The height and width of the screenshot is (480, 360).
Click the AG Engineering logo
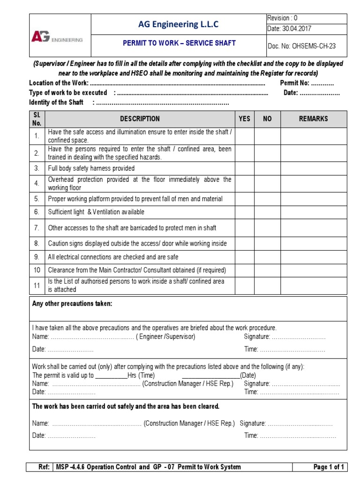[x=57, y=37]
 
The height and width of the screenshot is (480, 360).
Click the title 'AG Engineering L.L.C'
[x=178, y=24]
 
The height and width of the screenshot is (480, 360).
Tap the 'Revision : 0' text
[x=282, y=18]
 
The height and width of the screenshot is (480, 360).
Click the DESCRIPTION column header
[x=140, y=119]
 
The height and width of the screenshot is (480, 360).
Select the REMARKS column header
[x=314, y=119]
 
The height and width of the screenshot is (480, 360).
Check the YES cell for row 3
[x=244, y=168]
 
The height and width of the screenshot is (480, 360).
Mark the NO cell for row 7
[x=267, y=228]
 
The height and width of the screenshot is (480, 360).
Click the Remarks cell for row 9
[x=314, y=257]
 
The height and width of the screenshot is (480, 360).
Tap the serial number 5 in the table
[x=37, y=199]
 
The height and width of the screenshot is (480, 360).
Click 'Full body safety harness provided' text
[x=91, y=168]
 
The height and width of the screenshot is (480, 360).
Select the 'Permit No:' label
[x=294, y=83]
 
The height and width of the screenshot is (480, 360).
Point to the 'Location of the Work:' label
[x=59, y=83]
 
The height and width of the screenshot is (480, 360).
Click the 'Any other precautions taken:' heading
[x=72, y=304]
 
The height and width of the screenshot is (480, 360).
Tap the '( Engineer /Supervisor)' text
[x=166, y=337]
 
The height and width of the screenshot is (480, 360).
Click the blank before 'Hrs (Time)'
[x=112, y=376]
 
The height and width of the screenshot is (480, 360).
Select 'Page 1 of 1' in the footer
[x=329, y=467]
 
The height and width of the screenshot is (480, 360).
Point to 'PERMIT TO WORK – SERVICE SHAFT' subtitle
[x=179, y=43]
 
